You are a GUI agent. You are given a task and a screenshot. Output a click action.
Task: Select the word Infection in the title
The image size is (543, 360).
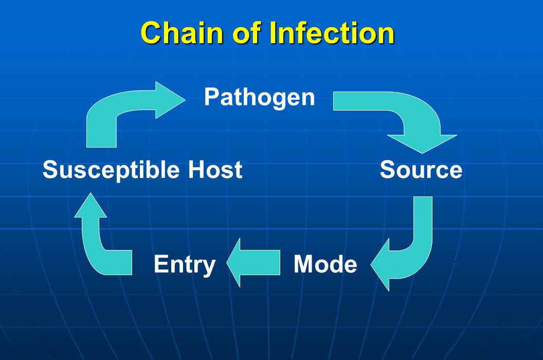click(332, 33)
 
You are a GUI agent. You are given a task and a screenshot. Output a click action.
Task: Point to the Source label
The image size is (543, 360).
click(421, 170)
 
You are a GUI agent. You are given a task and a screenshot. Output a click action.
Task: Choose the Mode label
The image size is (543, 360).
click(325, 264)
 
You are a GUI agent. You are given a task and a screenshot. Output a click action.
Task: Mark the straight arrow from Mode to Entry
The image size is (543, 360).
click(254, 263)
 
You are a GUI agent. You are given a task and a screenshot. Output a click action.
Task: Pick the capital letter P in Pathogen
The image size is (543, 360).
click(211, 97)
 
